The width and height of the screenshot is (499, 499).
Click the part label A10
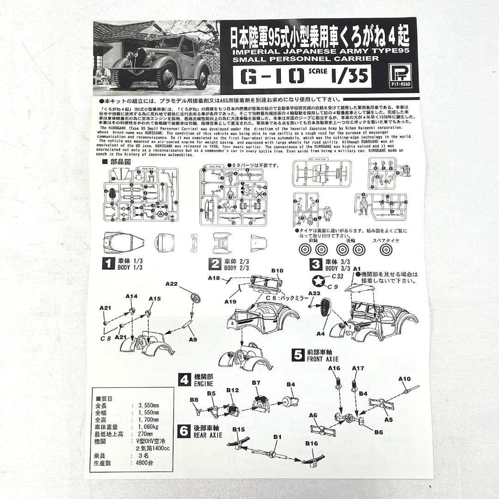click(x=404, y=379)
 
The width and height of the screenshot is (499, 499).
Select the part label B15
click(x=238, y=429)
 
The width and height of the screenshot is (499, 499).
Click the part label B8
click(x=194, y=399)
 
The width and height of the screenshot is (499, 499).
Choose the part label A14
click(x=132, y=296)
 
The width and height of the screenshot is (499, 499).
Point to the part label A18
click(x=214, y=278)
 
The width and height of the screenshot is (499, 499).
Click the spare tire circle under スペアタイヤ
click(x=385, y=250)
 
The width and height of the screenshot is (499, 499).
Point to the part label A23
click(x=314, y=293)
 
